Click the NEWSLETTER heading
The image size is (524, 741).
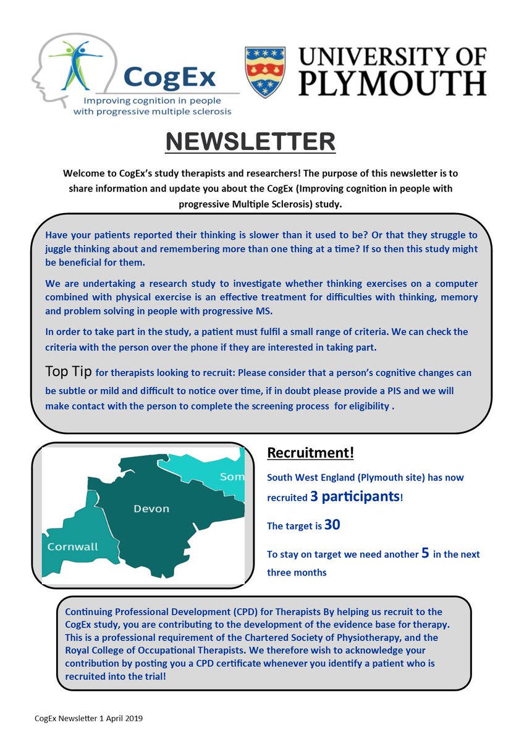click(x=250, y=141)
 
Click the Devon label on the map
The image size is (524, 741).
click(x=151, y=509)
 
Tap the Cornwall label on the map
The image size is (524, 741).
click(x=72, y=546)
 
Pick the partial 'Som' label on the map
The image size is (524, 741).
click(x=232, y=477)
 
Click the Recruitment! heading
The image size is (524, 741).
click(x=310, y=453)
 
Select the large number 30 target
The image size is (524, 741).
click(x=332, y=525)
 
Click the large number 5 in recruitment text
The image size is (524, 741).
click(x=425, y=553)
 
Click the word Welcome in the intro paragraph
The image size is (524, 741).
click(x=83, y=174)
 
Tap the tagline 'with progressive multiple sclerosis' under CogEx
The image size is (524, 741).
click(x=152, y=111)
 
